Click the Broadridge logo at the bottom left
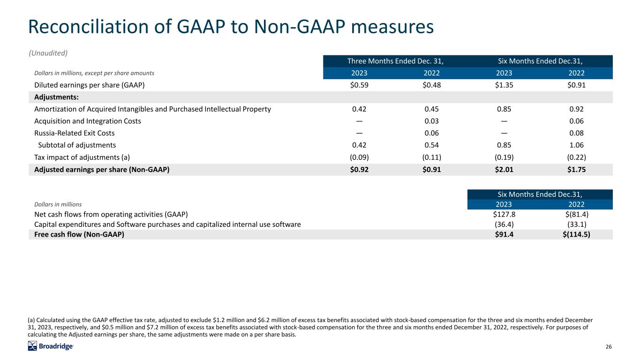[51, 346]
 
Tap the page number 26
[609, 347]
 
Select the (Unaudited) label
[48, 52]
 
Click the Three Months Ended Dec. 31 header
[395, 61]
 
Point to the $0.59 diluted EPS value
[360, 85]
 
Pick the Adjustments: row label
[56, 97]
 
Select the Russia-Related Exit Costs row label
[75, 133]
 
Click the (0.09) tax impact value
[360, 157]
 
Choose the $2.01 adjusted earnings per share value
[504, 170]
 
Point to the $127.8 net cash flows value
[504, 214]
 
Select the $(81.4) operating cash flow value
[576, 214]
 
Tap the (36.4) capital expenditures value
[504, 224]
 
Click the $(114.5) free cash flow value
[574, 234]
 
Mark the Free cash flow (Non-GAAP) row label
[79, 234]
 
